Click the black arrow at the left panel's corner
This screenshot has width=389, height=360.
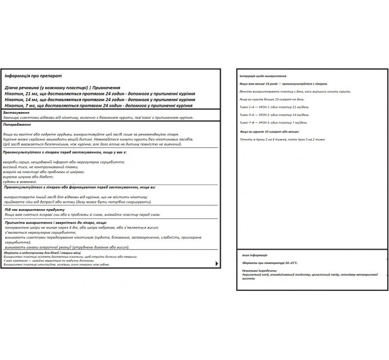click(216, 263)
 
